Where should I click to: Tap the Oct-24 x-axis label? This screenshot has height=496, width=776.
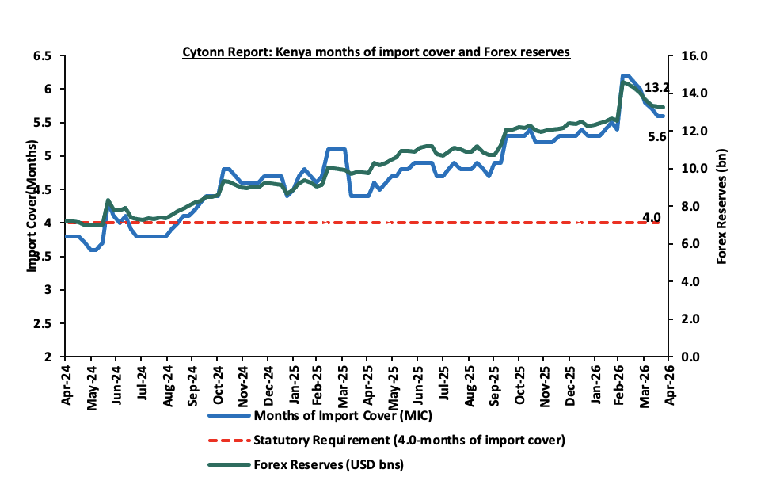pyautogui.click(x=218, y=381)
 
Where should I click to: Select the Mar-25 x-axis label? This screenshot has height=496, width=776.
pyautogui.click(x=344, y=381)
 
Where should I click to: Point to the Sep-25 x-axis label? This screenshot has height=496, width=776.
pyautogui.click(x=494, y=381)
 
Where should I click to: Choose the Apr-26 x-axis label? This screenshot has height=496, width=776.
pyautogui.click(x=671, y=381)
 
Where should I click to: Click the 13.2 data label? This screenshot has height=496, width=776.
pyautogui.click(x=656, y=87)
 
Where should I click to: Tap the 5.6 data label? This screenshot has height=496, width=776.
pyautogui.click(x=657, y=136)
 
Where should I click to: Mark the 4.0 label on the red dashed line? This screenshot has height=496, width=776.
pyautogui.click(x=651, y=216)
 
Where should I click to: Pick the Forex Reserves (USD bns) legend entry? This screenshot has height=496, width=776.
pyautogui.click(x=327, y=465)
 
